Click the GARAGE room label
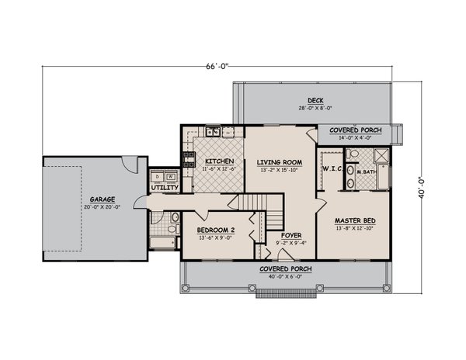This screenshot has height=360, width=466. pos(103,199)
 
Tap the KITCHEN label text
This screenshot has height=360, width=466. pos(219,161)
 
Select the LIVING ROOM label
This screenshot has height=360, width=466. pos(280,162)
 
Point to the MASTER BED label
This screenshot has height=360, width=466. pos(355,221)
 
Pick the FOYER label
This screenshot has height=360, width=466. pos(291,235)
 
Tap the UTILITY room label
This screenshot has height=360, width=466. pos(165,188)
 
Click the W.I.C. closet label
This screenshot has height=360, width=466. pos(332,169)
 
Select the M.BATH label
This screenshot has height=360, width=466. pos(367,171)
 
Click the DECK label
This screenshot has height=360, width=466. pos(315,101)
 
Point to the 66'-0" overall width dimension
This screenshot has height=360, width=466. pos(217,66)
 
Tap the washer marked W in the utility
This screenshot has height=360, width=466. pos(171,176)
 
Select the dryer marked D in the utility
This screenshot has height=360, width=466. pos(158,176)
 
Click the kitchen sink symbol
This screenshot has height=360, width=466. pos(213,131)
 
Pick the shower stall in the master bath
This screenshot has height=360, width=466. pos(381,156)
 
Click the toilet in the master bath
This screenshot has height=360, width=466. pos(353,154)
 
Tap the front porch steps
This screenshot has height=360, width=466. pos(286,293)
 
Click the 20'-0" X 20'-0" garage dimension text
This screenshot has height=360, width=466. pos(102,207)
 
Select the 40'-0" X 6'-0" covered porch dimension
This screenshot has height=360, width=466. pos(285,277)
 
